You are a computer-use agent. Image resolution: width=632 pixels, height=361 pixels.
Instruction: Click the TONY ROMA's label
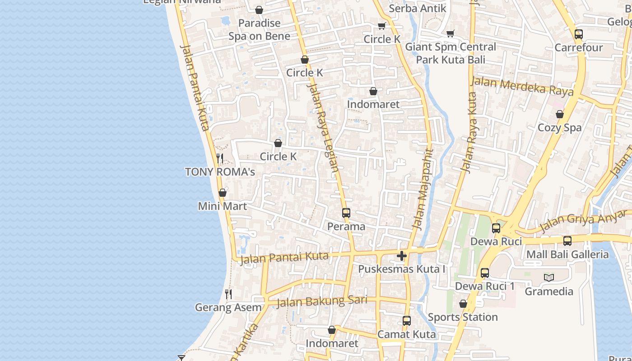(220, 172)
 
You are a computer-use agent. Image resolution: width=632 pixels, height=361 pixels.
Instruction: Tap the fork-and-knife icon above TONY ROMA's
(220, 158)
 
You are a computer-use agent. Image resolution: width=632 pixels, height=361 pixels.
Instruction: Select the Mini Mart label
(223, 206)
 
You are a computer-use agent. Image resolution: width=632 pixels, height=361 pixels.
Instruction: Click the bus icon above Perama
(346, 213)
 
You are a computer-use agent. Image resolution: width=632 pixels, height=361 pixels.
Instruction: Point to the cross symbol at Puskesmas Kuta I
(402, 256)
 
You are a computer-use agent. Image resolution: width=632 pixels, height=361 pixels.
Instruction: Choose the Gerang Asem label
(228, 308)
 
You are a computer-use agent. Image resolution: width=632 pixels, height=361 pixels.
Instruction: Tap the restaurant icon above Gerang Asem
(228, 294)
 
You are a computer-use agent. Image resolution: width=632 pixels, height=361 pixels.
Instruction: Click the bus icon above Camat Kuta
(407, 321)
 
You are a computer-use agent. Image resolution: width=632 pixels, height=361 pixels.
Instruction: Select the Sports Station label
(463, 317)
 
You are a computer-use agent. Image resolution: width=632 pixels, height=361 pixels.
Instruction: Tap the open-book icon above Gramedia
(549, 278)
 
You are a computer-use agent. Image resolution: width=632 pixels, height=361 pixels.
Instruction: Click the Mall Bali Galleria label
(567, 255)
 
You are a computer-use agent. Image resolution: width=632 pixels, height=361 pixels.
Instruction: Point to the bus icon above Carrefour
(579, 34)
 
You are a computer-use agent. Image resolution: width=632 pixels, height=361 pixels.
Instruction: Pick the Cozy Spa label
(560, 128)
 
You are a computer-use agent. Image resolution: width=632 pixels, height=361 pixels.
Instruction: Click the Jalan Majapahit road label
(422, 190)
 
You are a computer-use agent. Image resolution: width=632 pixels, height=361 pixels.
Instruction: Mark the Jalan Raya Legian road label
(323, 129)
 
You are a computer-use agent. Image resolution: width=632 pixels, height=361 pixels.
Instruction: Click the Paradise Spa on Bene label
(259, 29)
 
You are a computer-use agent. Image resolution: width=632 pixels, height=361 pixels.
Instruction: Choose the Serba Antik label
(418, 8)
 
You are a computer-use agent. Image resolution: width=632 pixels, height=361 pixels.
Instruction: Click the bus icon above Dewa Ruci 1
(485, 273)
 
